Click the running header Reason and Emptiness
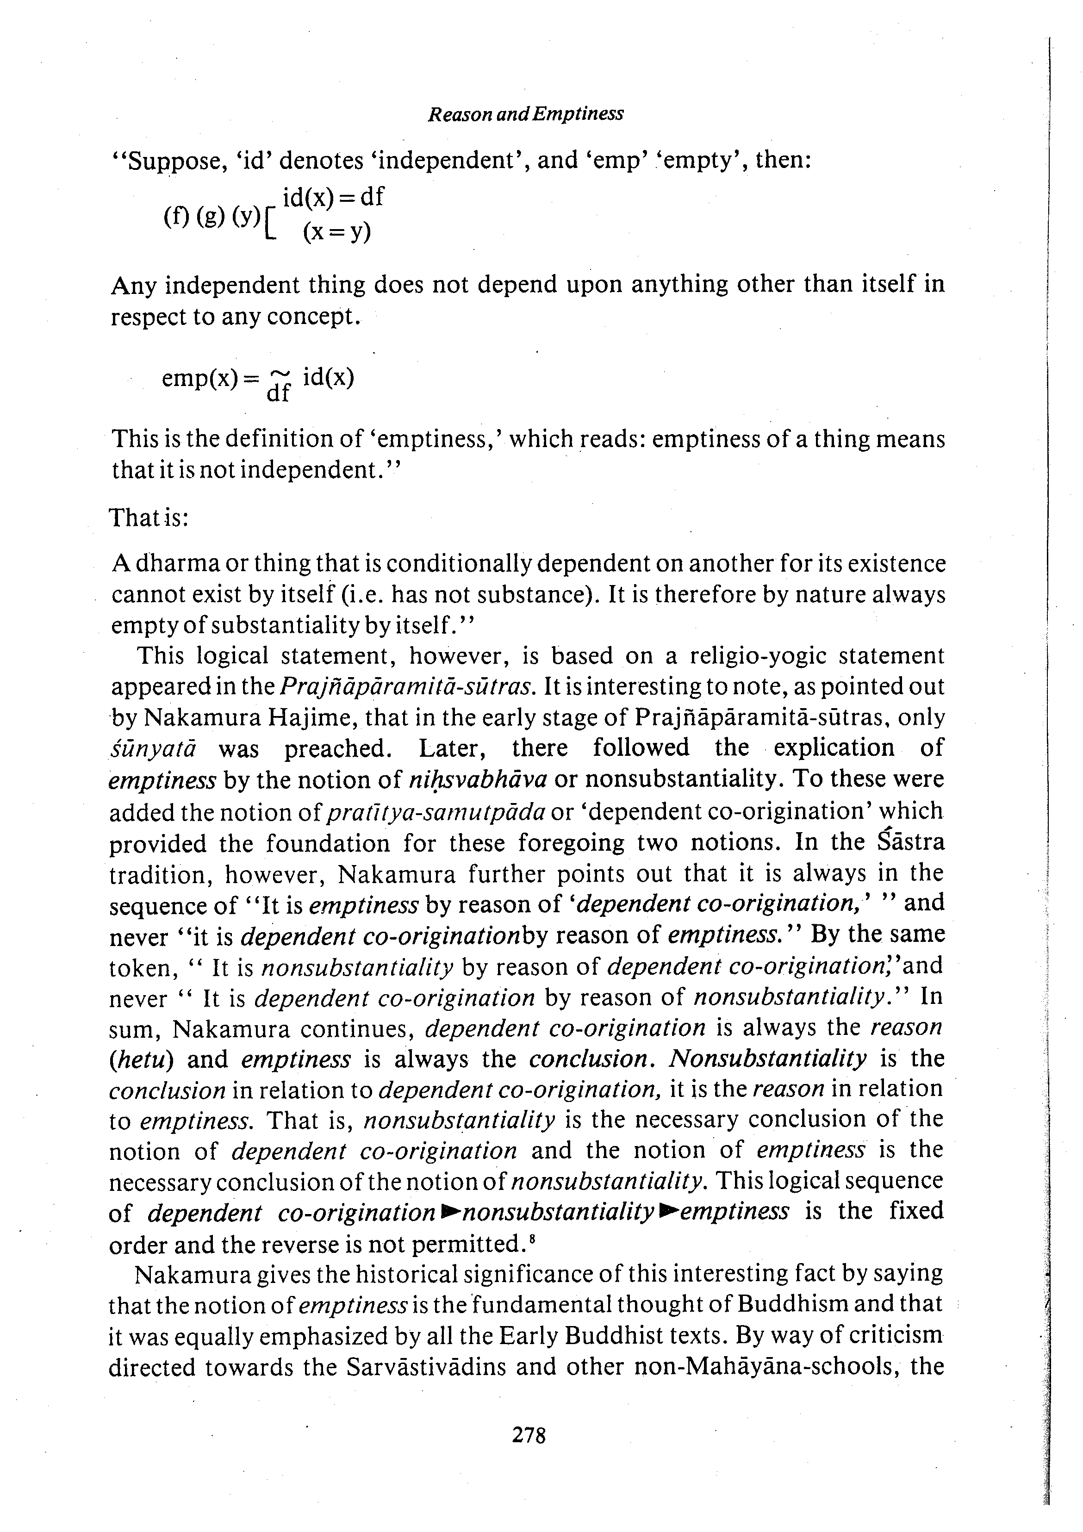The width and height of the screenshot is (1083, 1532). (x=525, y=114)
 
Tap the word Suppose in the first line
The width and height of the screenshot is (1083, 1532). (x=168, y=162)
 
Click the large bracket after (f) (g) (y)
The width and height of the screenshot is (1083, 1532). (x=269, y=224)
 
